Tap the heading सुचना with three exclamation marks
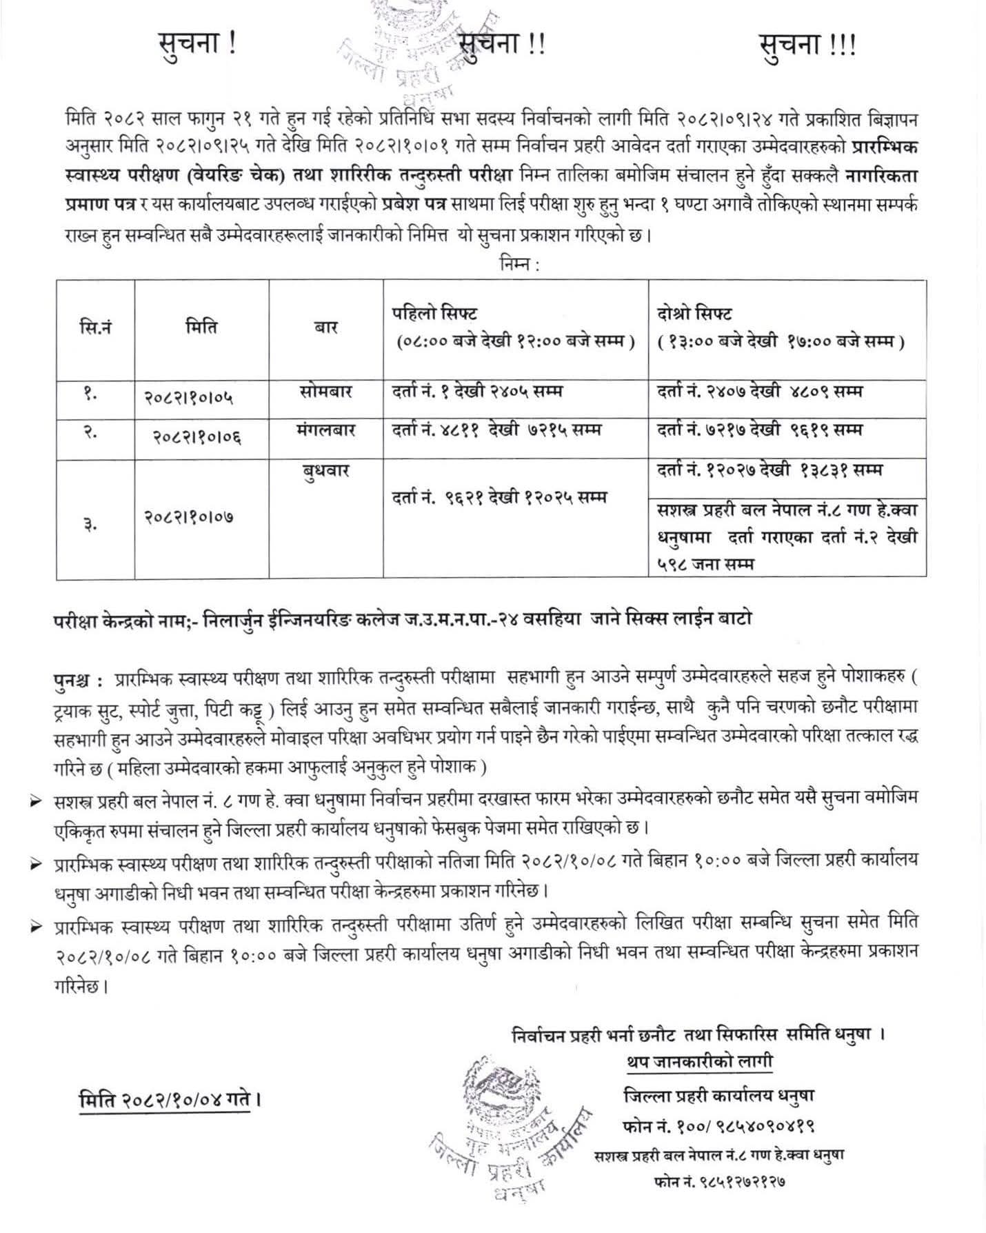click(x=807, y=46)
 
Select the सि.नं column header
click(x=95, y=327)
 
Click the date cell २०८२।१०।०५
click(x=190, y=397)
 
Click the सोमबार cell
click(x=326, y=392)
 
